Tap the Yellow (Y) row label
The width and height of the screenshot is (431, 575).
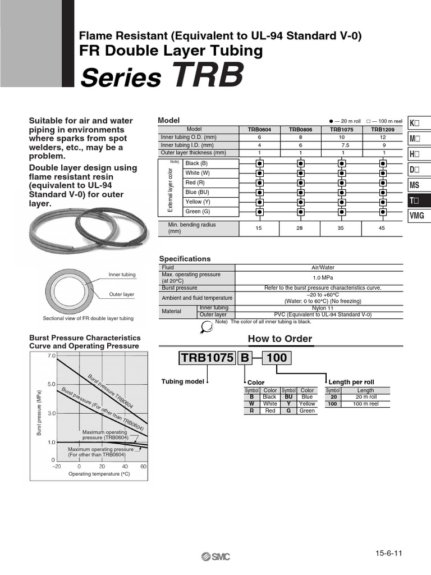(x=198, y=202)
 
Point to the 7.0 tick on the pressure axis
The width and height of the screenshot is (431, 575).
(x=52, y=356)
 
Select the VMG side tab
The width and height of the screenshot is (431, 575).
(x=418, y=216)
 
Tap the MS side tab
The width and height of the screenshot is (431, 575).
(x=418, y=185)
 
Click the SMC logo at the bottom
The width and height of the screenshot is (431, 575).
(x=215, y=556)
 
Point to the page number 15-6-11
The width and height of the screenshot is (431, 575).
(x=389, y=553)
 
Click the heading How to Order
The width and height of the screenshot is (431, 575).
(x=279, y=339)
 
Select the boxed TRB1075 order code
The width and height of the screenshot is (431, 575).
(x=207, y=358)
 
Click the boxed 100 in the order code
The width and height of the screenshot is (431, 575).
(x=275, y=358)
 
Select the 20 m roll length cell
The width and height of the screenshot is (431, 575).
(x=365, y=396)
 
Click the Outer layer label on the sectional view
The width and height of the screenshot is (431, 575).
(x=121, y=294)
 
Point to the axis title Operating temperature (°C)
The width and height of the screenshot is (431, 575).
(x=99, y=474)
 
